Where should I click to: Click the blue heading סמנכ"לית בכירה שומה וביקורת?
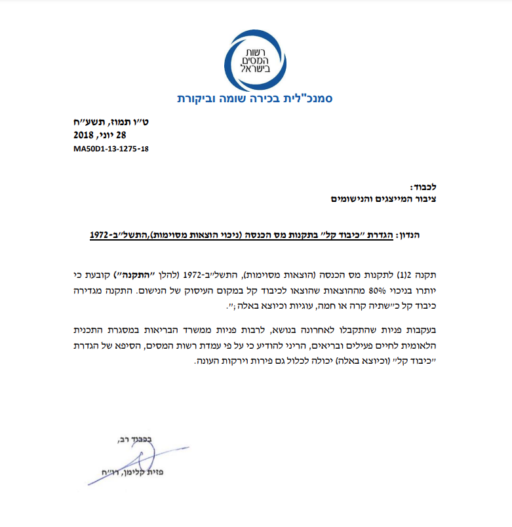pyautogui.click(x=256, y=100)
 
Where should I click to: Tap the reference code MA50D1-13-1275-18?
pyautogui.click(x=111, y=149)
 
